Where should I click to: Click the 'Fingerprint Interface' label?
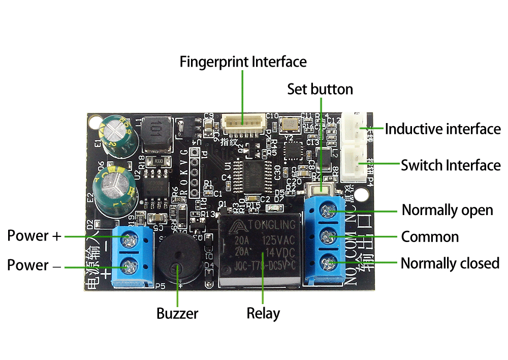click(x=243, y=62)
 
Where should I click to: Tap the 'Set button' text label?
click(x=320, y=89)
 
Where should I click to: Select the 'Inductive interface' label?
click(x=442, y=129)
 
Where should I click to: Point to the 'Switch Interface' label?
click(x=451, y=165)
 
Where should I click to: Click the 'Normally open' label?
click(x=447, y=210)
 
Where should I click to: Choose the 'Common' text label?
click(x=430, y=237)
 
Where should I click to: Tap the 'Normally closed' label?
click(x=450, y=263)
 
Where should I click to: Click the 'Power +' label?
click(x=34, y=236)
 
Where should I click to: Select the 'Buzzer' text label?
click(x=177, y=313)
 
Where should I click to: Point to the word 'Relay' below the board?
click(x=263, y=313)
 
